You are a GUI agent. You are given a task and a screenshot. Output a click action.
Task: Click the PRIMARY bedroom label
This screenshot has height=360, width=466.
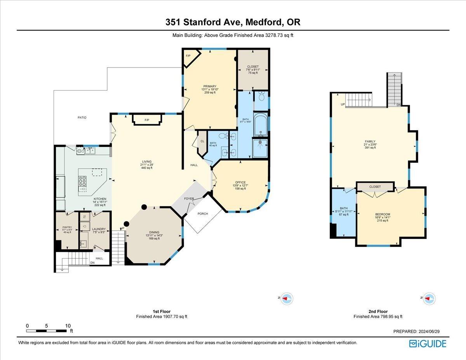(x=209, y=86)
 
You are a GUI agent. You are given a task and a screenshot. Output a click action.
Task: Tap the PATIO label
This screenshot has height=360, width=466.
(x=82, y=117)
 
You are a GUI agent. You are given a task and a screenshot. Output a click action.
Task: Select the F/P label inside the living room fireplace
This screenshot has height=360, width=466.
(x=147, y=120)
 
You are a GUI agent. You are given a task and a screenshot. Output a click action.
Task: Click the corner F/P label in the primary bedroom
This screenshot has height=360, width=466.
(x=188, y=56)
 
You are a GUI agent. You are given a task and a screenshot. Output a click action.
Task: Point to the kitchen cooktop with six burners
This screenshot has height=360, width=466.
(x=83, y=181)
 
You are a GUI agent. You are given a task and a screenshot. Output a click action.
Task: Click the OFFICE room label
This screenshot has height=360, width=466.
(x=240, y=182)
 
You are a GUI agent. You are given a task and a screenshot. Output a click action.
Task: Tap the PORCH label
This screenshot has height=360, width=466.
(x=203, y=214)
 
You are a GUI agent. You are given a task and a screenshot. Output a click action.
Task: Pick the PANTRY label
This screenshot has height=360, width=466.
(x=67, y=228)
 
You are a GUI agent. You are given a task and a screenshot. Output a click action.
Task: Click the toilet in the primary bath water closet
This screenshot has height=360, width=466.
(x=261, y=97)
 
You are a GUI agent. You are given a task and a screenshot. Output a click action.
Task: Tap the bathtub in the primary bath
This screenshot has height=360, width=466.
(x=261, y=125)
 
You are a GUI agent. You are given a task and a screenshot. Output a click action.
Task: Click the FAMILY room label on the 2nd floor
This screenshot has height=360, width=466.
(x=370, y=141)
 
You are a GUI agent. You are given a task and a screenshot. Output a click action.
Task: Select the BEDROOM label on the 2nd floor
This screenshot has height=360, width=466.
(x=383, y=214)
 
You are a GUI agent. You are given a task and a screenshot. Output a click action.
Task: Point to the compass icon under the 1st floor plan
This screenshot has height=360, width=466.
(x=287, y=298)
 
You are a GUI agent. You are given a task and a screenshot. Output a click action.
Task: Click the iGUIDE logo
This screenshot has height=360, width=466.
(x=428, y=344)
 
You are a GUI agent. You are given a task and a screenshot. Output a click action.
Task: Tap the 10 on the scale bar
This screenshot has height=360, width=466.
(x=68, y=326)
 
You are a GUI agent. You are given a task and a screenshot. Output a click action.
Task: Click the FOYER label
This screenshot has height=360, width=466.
(x=189, y=199)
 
